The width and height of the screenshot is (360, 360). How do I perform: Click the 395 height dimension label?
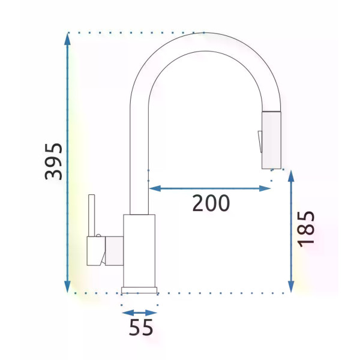pos(53,161)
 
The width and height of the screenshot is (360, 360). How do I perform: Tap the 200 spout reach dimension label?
pos(211,203)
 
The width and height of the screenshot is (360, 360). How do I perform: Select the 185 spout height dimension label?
pos(306,229)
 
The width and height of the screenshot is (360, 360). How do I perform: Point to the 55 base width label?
pos(141,327)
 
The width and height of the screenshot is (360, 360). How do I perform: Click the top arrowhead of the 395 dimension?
pos(67,38)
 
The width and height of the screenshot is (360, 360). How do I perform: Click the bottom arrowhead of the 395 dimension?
pos(67,287)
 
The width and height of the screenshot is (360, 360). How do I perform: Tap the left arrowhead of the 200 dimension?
pos(155,189)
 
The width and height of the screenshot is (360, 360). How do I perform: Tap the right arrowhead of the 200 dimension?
pos(265,189)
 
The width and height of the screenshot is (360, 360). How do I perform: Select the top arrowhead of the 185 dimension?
pos(291,176)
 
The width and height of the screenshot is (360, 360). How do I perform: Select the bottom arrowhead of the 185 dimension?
pos(291,287)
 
